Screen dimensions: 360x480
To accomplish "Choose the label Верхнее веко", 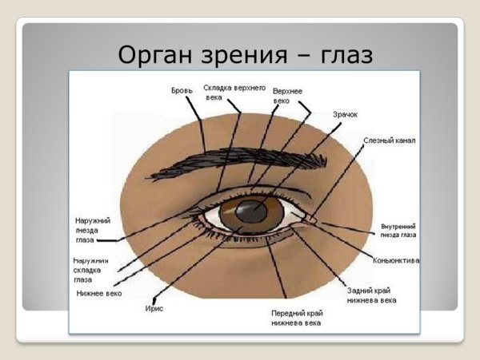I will [x=287, y=96].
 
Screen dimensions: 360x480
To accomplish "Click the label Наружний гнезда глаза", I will [x=91, y=229].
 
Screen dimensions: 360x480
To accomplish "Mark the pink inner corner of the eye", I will [x=310, y=218].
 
